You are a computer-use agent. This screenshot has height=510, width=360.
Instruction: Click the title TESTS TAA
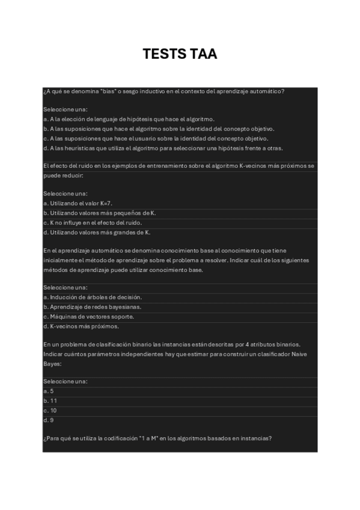pyautogui.click(x=180, y=54)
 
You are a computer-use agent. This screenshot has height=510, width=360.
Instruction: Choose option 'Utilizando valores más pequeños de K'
pyautogui.click(x=100, y=214)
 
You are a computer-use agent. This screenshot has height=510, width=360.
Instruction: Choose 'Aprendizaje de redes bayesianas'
pyautogui.click(x=92, y=307)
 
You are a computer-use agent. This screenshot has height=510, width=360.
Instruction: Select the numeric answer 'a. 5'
pyautogui.click(x=49, y=391)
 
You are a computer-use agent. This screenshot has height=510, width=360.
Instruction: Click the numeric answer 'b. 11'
pyautogui.click(x=50, y=401)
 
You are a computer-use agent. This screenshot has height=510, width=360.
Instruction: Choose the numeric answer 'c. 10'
pyautogui.click(x=50, y=410)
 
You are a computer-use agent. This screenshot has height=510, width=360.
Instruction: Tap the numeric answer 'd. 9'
pyautogui.click(x=49, y=420)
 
